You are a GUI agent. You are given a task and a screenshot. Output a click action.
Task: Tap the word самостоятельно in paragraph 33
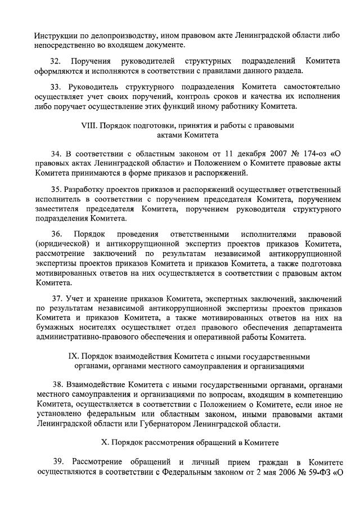tap(308, 87)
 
